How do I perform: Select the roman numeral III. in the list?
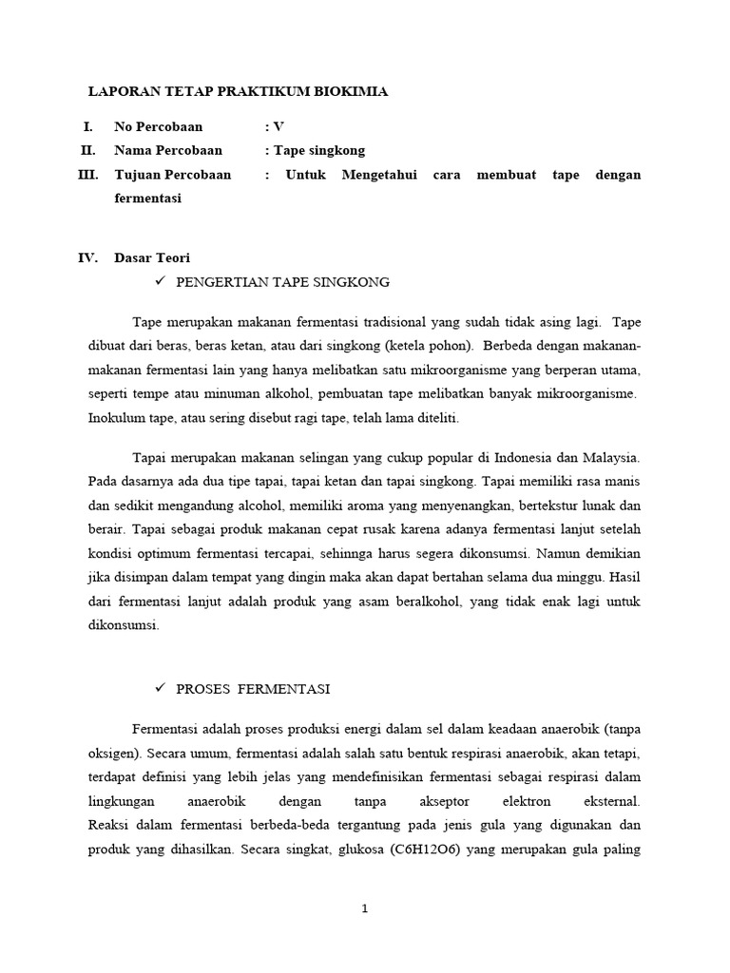[87, 175]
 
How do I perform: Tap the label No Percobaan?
[158, 126]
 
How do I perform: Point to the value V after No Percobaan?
[278, 126]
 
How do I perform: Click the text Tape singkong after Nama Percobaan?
[318, 150]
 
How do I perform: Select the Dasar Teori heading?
[152, 258]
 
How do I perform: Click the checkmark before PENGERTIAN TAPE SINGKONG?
[160, 282]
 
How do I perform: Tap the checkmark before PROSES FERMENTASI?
[160, 688]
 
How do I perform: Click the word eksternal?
[607, 801]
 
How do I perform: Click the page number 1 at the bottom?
[365, 908]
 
